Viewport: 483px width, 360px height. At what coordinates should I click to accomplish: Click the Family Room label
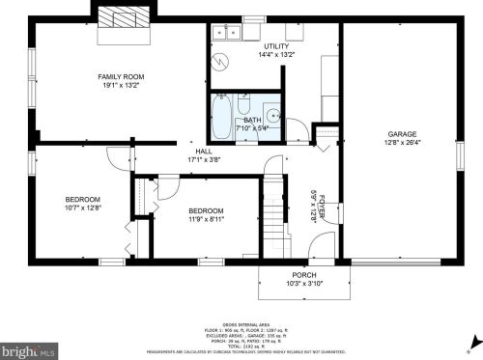(120, 75)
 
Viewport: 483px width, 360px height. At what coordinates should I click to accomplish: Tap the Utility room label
(275, 46)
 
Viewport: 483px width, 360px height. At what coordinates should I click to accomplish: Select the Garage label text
(402, 134)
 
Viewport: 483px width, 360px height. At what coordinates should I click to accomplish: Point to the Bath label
(252, 120)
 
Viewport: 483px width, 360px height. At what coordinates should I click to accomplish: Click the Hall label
(204, 151)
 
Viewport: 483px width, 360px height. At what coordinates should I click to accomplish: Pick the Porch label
(291, 274)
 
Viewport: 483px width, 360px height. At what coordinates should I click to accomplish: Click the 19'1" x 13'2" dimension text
(120, 85)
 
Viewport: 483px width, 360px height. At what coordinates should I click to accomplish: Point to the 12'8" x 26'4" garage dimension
(402, 144)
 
